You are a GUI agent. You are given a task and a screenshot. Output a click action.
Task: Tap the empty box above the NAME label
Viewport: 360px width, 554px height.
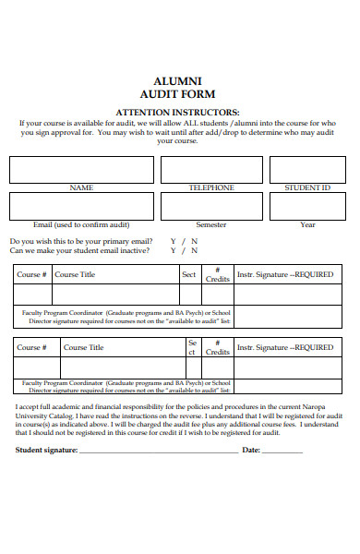point(81,170)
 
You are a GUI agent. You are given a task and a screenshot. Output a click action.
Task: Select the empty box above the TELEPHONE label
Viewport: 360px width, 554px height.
point(211,170)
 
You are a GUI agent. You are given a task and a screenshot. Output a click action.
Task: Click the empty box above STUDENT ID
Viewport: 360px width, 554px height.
point(306,170)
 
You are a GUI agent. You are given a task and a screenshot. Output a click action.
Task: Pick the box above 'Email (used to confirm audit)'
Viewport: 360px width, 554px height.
point(81,205)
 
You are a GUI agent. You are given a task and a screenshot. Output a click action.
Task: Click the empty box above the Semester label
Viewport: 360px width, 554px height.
point(211,205)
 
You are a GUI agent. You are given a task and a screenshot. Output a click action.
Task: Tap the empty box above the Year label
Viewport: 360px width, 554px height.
point(306,205)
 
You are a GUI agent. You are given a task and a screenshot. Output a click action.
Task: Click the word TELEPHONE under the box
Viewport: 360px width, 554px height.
point(211,187)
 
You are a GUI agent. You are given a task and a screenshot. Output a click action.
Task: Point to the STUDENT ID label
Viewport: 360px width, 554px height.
point(306,187)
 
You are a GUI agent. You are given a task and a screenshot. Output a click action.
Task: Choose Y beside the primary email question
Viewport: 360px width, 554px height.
point(173,241)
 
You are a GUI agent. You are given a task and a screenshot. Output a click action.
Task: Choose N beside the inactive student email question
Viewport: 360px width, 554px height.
point(194,250)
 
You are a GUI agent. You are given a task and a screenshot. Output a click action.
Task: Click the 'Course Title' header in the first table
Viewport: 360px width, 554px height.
point(75,274)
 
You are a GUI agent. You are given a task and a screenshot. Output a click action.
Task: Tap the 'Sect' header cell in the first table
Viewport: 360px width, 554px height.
point(188,274)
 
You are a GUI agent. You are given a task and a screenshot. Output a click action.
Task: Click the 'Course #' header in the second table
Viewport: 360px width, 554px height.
point(30,347)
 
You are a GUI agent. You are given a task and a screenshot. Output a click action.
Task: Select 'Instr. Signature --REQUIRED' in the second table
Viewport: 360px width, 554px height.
point(285,347)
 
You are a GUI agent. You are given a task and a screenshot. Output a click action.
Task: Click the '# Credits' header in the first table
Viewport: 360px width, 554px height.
point(217,274)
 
